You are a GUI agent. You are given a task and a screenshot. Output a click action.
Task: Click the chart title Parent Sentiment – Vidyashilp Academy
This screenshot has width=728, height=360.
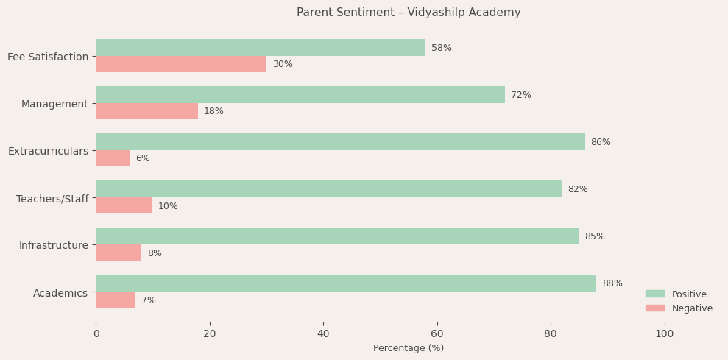click(x=409, y=13)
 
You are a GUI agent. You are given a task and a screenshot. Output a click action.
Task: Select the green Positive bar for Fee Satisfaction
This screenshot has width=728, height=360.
click(x=261, y=48)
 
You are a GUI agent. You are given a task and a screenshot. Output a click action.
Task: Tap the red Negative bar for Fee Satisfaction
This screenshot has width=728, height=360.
click(x=181, y=64)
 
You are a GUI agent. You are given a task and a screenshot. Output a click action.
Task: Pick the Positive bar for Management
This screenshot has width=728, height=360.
click(x=300, y=95)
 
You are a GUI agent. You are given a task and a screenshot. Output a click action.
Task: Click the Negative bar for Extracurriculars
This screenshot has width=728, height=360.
click(x=113, y=158)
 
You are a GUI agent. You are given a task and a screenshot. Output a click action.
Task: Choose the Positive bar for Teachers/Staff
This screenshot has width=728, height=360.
click(x=329, y=189)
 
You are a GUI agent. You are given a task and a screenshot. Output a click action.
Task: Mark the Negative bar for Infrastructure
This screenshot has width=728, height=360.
click(x=119, y=253)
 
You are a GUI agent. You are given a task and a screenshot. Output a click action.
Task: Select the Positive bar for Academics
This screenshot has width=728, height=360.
click(x=346, y=283)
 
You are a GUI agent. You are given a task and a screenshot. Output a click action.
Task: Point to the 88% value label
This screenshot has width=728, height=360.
click(x=612, y=283)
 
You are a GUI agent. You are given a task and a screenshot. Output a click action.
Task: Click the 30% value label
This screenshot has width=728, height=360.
click(x=283, y=64)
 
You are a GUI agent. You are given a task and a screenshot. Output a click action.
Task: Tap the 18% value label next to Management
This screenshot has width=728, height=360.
click(x=213, y=111)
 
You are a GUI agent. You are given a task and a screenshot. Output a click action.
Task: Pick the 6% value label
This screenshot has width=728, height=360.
click(x=143, y=158)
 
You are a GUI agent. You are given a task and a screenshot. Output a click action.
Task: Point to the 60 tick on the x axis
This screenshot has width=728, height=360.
click(x=437, y=333)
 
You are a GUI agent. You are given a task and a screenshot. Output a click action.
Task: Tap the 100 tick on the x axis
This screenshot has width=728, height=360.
click(x=665, y=333)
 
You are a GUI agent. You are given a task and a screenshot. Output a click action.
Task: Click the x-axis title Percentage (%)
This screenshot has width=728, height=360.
click(x=409, y=348)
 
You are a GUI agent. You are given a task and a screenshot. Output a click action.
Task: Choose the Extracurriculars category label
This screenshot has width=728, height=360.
click(x=48, y=151)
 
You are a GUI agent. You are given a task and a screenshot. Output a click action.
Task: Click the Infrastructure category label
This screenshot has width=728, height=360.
click(x=54, y=245)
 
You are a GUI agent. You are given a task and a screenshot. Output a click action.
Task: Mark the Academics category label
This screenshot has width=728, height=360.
click(x=60, y=293)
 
